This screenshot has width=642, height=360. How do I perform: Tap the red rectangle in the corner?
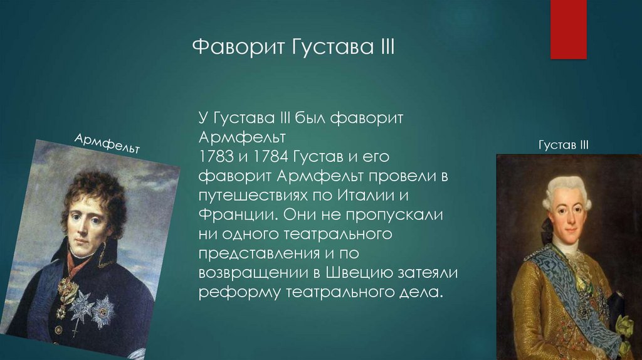(568, 29)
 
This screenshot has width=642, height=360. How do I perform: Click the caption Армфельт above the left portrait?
(107, 143)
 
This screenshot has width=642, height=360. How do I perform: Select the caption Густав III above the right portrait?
(564, 145)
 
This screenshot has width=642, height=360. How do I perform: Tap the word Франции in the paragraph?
(238, 214)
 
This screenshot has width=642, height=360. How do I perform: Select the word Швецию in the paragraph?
(360, 272)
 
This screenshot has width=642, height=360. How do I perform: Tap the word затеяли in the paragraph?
(428, 273)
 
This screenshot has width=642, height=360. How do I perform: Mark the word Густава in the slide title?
(332, 46)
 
